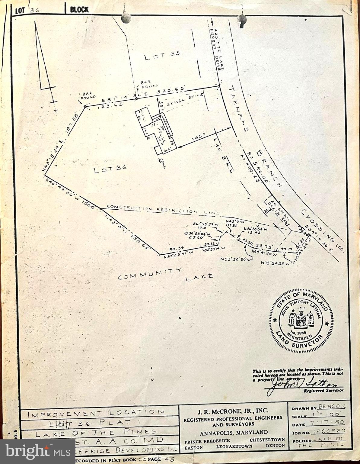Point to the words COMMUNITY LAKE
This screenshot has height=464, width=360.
tap(165, 274)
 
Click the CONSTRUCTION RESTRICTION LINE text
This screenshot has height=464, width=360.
tap(163, 209)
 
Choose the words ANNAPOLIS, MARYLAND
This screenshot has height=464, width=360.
tap(233, 432)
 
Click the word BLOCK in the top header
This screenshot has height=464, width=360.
tap(79, 10)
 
